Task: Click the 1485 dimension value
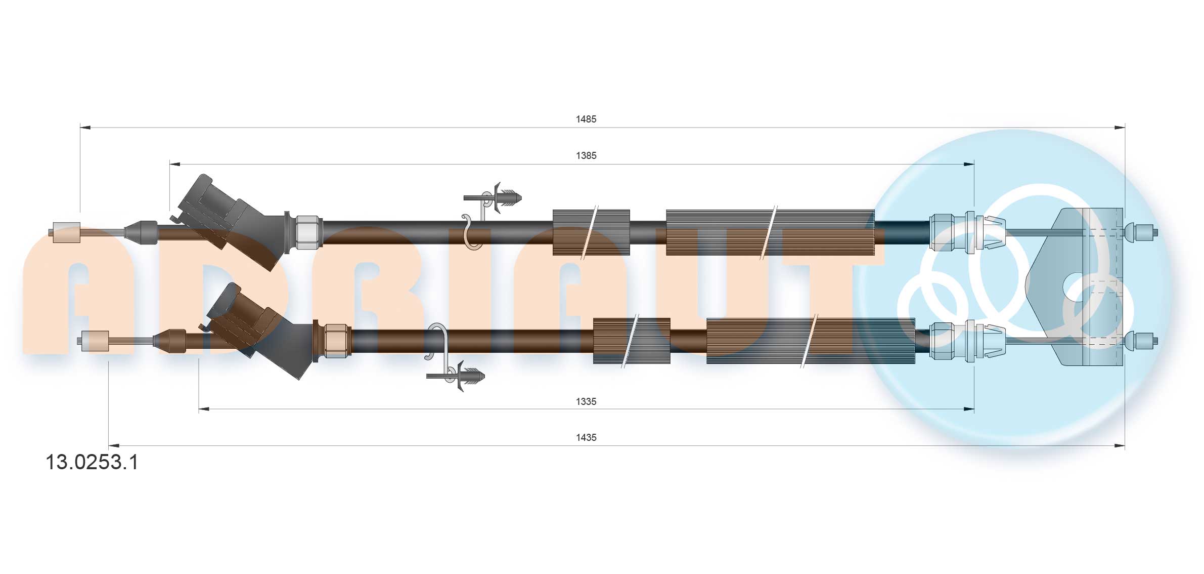586,119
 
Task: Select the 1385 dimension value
586,155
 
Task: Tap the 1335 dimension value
586,401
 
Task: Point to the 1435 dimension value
586,437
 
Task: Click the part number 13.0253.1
92,463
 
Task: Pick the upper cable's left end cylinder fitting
66,232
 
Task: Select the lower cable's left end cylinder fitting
95,341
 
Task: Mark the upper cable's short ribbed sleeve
591,232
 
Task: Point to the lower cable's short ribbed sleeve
631,341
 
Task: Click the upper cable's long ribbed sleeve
770,232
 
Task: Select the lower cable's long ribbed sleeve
810,341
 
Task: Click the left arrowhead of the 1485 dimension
85,128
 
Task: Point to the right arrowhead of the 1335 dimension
969,409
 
